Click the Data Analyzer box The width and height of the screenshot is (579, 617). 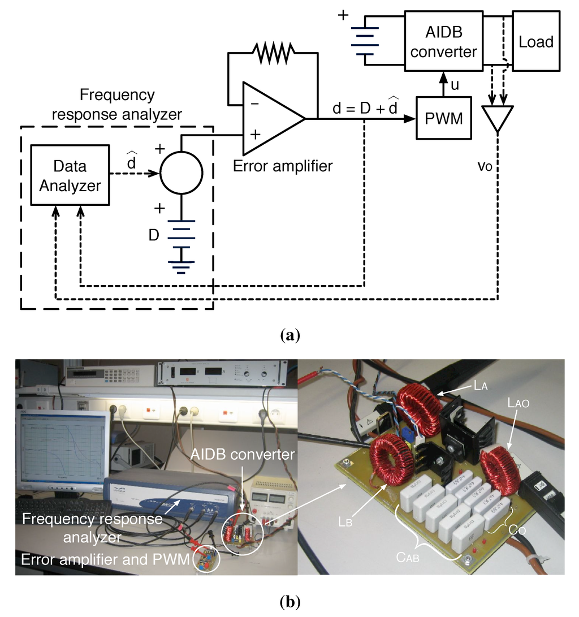click(70, 175)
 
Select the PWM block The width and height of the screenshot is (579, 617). click(444, 118)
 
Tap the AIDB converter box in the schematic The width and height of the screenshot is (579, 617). click(444, 41)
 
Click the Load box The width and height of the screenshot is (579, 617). click(536, 41)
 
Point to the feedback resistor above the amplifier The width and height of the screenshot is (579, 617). click(273, 54)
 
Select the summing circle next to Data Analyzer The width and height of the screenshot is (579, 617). click(182, 172)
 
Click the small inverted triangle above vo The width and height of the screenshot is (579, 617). click(498, 117)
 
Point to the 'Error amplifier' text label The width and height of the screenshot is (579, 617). click(282, 166)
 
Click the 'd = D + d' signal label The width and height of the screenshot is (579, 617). click(365, 106)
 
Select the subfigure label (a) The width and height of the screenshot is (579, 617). click(290, 335)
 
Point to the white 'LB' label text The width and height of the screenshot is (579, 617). click(345, 522)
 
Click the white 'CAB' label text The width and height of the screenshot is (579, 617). click(408, 557)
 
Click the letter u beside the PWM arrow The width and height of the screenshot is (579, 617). click(455, 85)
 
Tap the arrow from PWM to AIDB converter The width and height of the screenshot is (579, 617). click(444, 85)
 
